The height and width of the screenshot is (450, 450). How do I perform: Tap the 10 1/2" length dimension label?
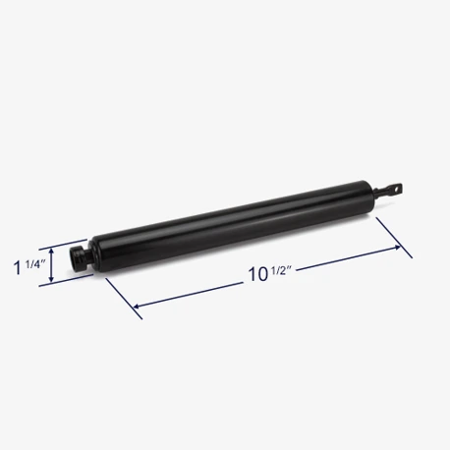(270, 273)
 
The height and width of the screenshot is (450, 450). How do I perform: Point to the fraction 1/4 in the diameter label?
(34, 264)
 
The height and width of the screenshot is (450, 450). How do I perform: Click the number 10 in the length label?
(257, 274)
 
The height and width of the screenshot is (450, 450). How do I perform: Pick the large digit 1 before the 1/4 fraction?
(17, 268)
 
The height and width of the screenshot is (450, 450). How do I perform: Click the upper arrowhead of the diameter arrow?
(51, 252)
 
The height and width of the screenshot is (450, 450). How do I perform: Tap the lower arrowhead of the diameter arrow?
(51, 278)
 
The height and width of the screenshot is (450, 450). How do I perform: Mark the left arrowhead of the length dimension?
(137, 307)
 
